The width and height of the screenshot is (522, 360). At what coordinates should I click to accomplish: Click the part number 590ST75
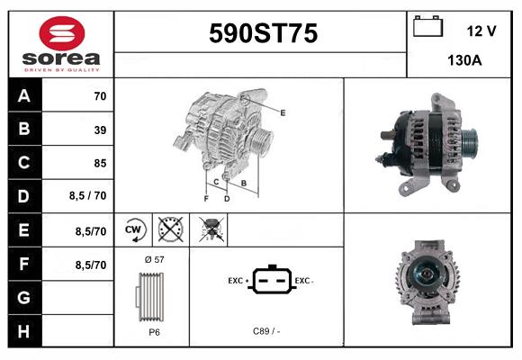point(263,34)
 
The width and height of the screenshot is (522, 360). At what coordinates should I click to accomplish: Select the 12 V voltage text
point(481,31)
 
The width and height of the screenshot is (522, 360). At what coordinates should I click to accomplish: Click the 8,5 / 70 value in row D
point(87,196)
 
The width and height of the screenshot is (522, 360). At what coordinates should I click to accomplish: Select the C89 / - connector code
point(267,331)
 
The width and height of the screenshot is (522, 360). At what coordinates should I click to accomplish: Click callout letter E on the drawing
point(283,112)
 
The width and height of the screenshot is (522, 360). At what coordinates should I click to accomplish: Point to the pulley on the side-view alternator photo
point(469,140)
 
